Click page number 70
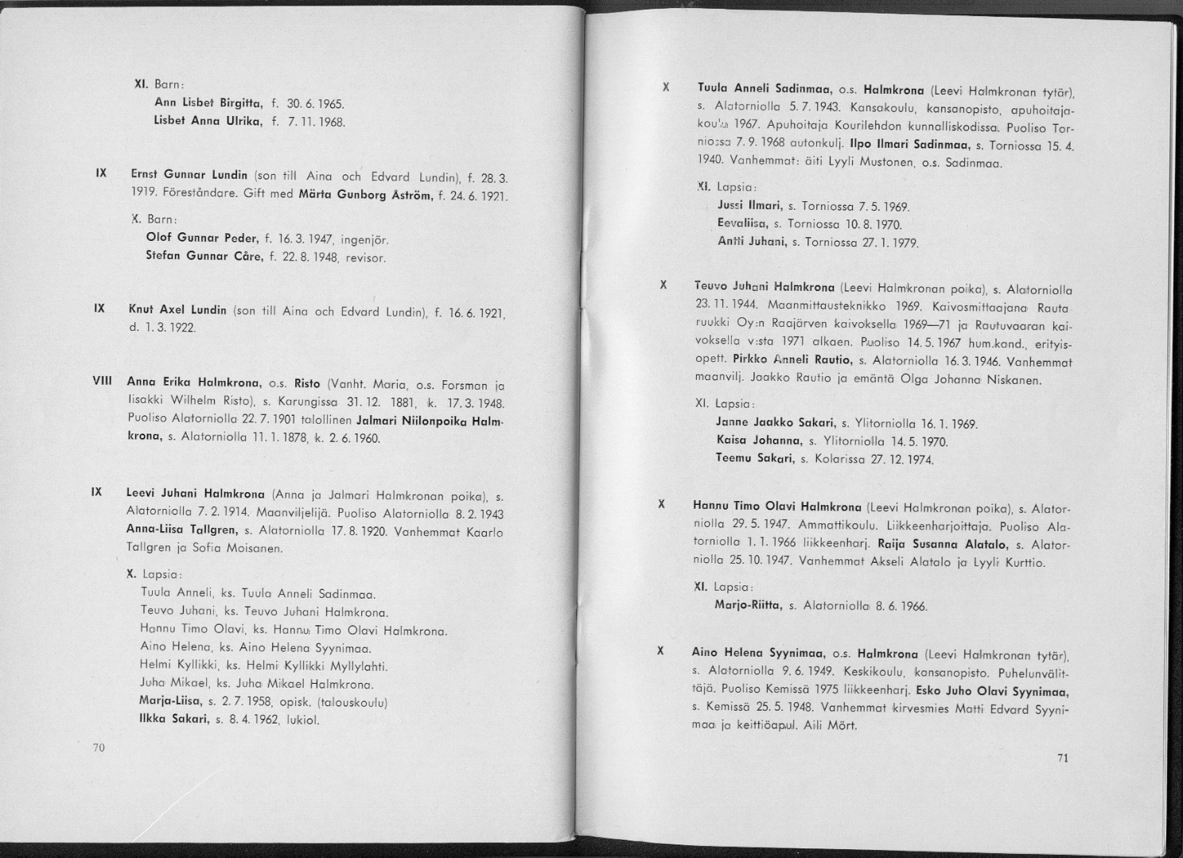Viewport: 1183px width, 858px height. [99, 747]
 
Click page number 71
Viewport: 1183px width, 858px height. [1063, 758]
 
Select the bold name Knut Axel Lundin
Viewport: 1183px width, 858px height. [177, 310]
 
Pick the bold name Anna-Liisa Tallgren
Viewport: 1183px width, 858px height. [182, 530]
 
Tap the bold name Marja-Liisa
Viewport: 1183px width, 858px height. [169, 702]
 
